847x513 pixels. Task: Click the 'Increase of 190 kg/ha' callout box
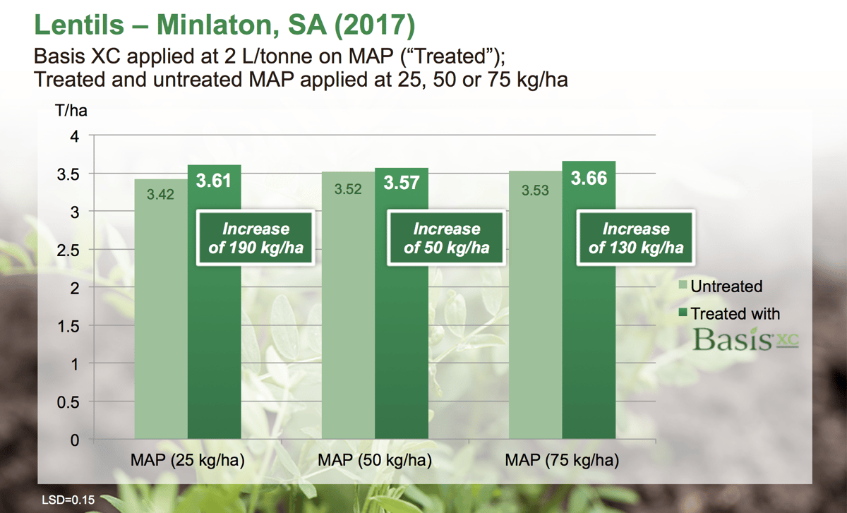point(256,238)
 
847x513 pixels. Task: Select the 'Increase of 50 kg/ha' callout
point(446,238)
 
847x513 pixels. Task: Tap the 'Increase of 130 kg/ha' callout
point(636,238)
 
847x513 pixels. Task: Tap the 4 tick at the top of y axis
point(73,135)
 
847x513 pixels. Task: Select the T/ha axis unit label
point(71,111)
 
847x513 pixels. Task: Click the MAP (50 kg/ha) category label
point(375,461)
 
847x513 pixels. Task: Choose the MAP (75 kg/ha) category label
point(562,461)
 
